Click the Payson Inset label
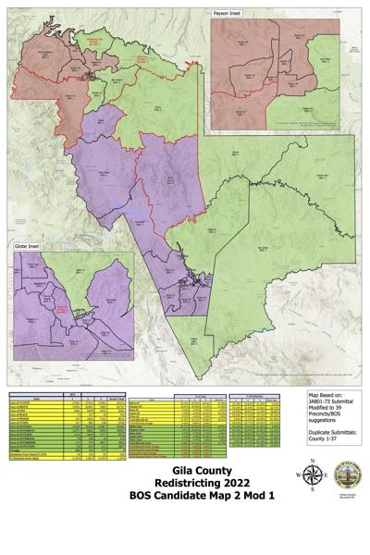pos(230,15)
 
